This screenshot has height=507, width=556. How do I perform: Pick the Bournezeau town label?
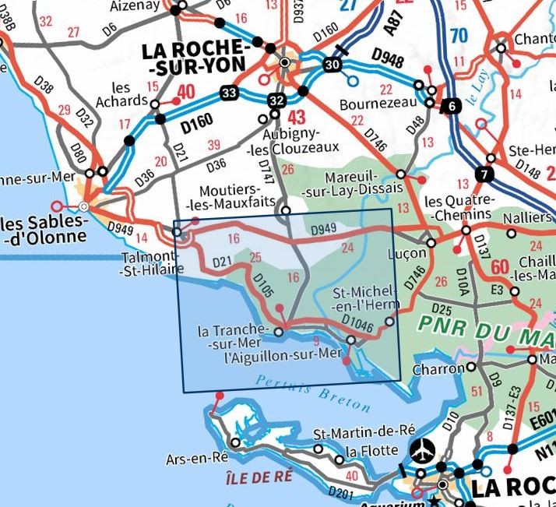[x=375, y=104]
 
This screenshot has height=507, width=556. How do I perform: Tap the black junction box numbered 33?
[x=228, y=93]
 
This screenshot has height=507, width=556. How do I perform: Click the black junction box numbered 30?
[x=333, y=65]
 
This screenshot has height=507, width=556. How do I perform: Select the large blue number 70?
[x=459, y=35]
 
